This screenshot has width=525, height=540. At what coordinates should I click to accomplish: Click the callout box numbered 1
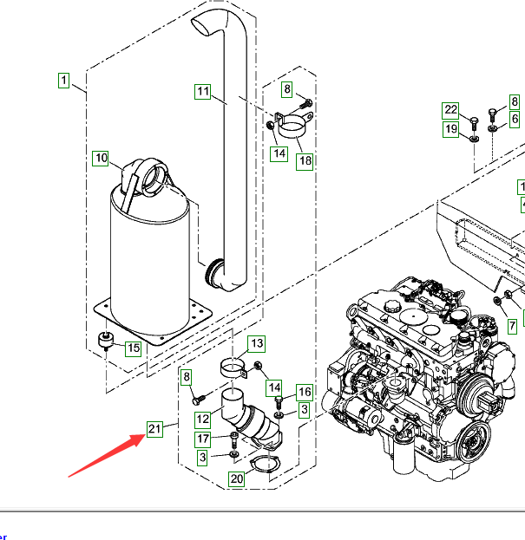coord(63,81)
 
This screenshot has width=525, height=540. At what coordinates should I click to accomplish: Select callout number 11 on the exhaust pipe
coord(203,92)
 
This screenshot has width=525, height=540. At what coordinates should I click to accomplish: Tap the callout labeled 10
coord(102,158)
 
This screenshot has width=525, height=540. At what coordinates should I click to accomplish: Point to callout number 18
coord(304,160)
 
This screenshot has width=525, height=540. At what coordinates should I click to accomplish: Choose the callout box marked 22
coord(450,109)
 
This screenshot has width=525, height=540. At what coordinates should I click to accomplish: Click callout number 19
coord(451,130)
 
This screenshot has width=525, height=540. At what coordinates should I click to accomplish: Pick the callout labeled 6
coord(515,118)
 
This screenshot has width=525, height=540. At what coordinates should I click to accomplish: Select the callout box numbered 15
coord(133,348)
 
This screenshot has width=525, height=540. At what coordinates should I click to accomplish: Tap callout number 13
coord(256,345)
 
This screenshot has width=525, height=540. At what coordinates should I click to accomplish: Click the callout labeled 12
coord(202,420)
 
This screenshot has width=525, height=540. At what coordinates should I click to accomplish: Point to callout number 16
coord(304,393)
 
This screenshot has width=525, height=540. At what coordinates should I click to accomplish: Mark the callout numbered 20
coord(237,478)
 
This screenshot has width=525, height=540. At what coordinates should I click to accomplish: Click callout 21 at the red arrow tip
coord(154,429)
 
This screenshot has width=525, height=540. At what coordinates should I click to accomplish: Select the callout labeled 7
coord(512,326)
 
